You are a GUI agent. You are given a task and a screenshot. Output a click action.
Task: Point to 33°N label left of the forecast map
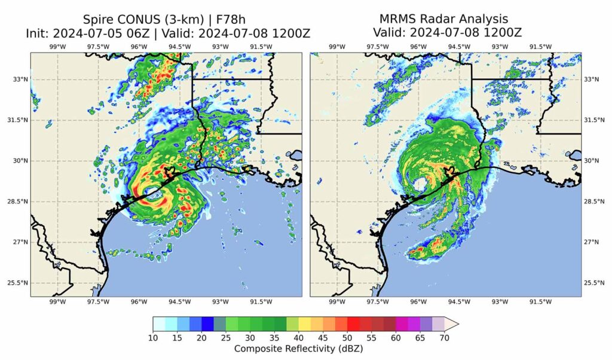(20, 80)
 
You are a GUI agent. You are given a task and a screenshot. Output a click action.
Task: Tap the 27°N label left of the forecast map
(20, 242)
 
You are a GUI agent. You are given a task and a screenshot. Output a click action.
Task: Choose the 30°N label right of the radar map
(592, 161)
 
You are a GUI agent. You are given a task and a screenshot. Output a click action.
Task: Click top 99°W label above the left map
(57, 47)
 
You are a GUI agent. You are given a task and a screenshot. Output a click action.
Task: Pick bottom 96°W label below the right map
(418, 302)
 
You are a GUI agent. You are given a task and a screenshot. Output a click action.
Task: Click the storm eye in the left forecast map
(152, 193)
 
